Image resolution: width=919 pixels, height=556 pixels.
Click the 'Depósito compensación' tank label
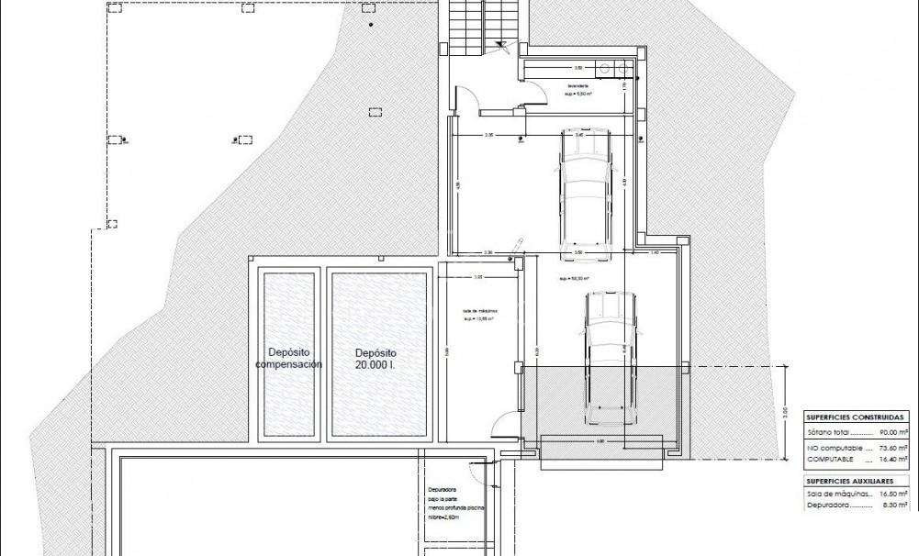coord(288,358)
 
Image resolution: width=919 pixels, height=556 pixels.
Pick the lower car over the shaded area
coord(606,357)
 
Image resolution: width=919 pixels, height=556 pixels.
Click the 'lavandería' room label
coord(577,86)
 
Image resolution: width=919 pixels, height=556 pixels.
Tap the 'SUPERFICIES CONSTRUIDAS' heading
coord(853,416)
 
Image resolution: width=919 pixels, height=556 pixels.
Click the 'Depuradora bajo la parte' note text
coord(454,498)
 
